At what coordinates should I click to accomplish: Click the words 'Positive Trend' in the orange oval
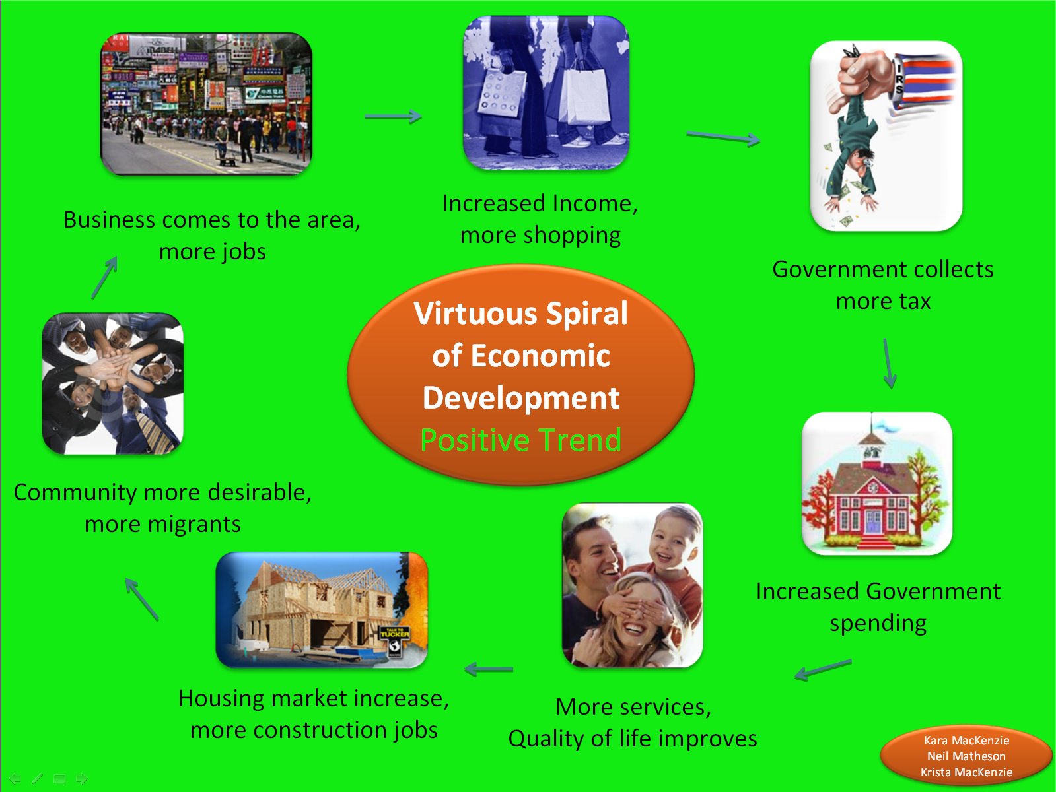(x=521, y=440)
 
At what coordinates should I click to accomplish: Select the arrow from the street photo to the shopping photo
(x=392, y=116)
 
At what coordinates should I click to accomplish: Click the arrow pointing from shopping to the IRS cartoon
(x=723, y=137)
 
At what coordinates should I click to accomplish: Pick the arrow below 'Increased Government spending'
(x=823, y=670)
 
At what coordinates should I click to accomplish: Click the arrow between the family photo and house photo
(x=489, y=669)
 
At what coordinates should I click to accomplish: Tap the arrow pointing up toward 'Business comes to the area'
(x=104, y=278)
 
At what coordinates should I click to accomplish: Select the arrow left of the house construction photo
(x=142, y=599)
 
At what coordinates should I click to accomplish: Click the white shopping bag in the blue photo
(x=584, y=96)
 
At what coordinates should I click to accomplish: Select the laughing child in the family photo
(x=674, y=552)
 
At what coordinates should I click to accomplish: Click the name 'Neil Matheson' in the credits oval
(x=966, y=756)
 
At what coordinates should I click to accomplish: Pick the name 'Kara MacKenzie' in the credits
(x=966, y=740)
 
